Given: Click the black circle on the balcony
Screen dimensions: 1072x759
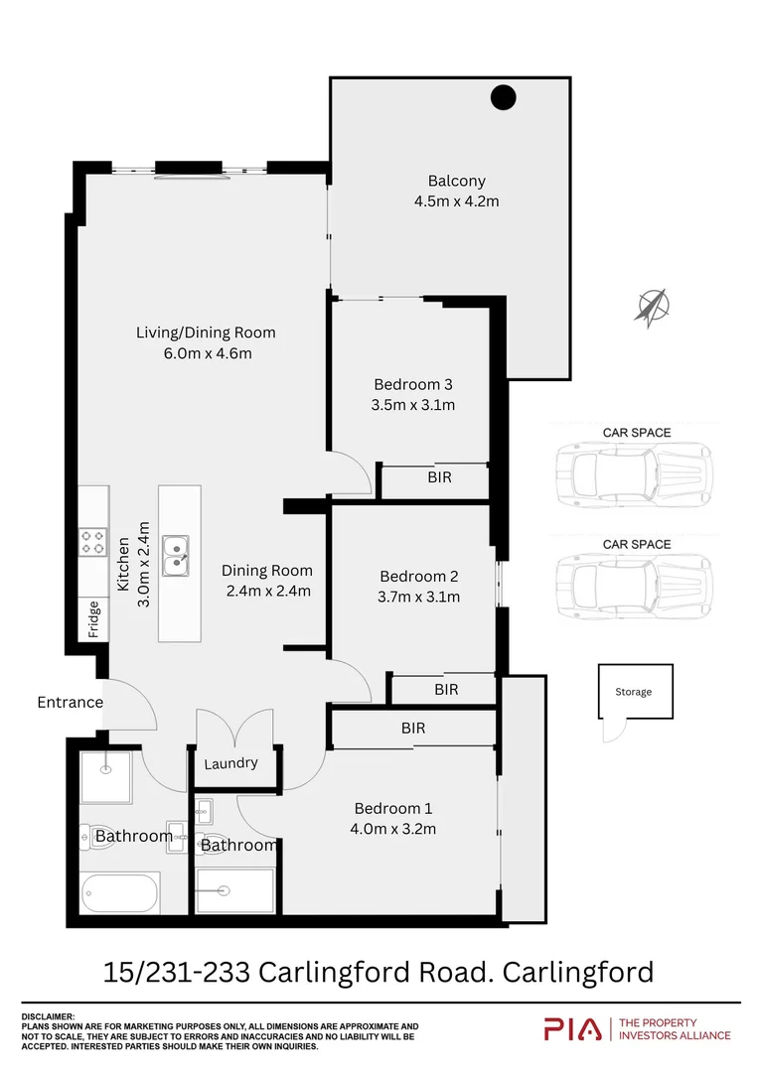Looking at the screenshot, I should [x=504, y=97].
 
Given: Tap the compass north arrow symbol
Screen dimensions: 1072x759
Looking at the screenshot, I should [x=652, y=307].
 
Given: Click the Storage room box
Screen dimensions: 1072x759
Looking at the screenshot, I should [x=635, y=692].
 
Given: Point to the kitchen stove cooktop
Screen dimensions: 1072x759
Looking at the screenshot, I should [x=94, y=541].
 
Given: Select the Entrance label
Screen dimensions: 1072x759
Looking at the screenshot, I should [x=70, y=702].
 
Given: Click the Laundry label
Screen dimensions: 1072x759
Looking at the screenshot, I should [x=230, y=763].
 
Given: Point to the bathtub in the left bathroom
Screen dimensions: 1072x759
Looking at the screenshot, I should [x=120, y=893].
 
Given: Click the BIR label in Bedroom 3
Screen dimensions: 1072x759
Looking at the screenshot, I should [x=439, y=477].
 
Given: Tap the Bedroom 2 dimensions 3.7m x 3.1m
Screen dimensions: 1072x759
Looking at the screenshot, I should [x=418, y=597].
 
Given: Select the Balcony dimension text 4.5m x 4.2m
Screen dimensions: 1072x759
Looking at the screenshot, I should [x=456, y=201].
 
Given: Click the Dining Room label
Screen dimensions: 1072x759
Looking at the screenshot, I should [x=266, y=570].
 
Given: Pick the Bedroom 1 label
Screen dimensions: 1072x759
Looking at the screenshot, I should [x=393, y=808].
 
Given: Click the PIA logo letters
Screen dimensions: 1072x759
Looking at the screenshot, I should [x=572, y=1029].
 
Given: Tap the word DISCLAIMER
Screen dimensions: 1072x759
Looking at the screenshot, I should [x=48, y=1016].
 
